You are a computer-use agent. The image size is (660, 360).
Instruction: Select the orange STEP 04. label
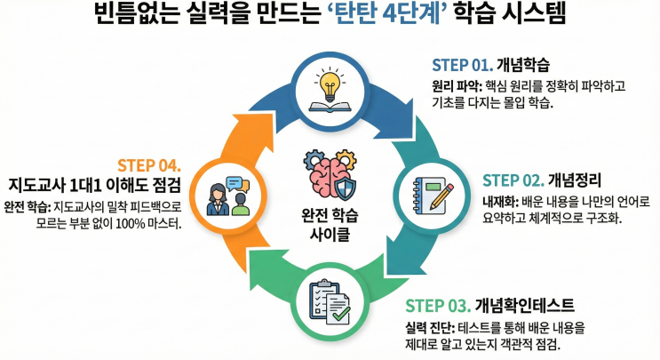click(x=149, y=165)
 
